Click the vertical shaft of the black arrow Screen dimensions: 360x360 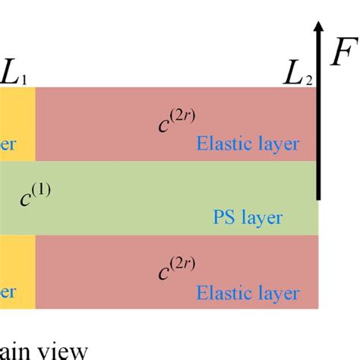point(318,122)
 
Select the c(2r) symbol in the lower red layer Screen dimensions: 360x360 point(175,268)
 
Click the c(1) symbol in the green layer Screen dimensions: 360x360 point(33,200)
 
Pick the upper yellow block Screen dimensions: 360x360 point(17,123)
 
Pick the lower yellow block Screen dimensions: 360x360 point(17,271)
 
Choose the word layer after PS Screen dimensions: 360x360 point(261,219)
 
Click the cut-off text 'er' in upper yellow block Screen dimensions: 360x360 point(8,144)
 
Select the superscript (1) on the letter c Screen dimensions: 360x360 point(42,191)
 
